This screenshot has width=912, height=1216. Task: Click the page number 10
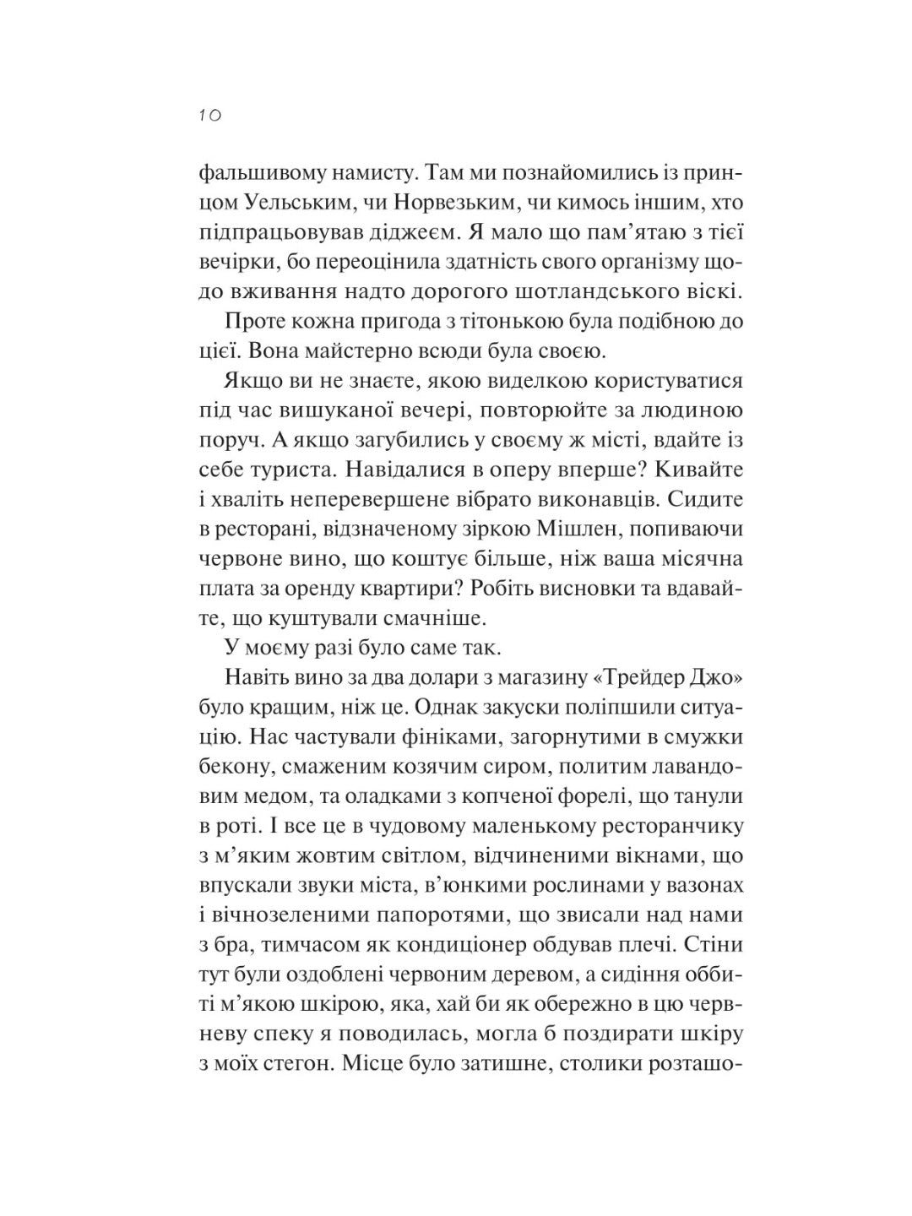pyautogui.click(x=210, y=116)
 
